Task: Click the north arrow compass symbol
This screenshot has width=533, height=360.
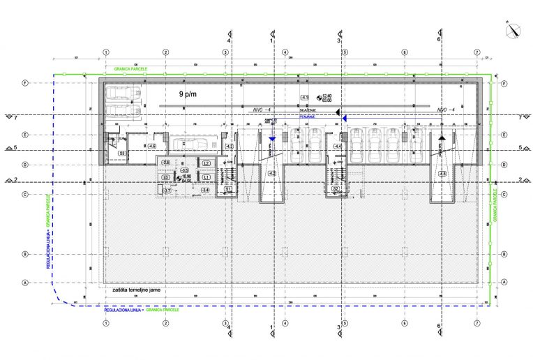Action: coord(514,29)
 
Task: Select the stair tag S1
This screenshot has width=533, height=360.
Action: coord(227,189)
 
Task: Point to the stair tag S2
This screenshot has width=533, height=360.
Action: coord(335,188)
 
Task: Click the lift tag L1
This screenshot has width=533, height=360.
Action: coord(207,177)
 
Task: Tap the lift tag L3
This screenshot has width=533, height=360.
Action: coord(165,178)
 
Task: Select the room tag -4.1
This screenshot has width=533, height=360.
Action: coord(304,96)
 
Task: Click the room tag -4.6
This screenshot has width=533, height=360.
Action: coord(152,146)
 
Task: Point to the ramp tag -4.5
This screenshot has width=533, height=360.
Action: coord(442,173)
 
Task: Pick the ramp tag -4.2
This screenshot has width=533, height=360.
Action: coord(271,173)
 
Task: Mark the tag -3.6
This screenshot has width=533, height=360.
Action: coord(165,163)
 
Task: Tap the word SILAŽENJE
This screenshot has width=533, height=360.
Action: coord(308,110)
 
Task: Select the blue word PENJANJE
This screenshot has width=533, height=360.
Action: coord(308,117)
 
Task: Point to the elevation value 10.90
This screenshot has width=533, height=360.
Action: coord(186,176)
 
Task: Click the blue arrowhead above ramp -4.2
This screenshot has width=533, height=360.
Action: coord(272,140)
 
